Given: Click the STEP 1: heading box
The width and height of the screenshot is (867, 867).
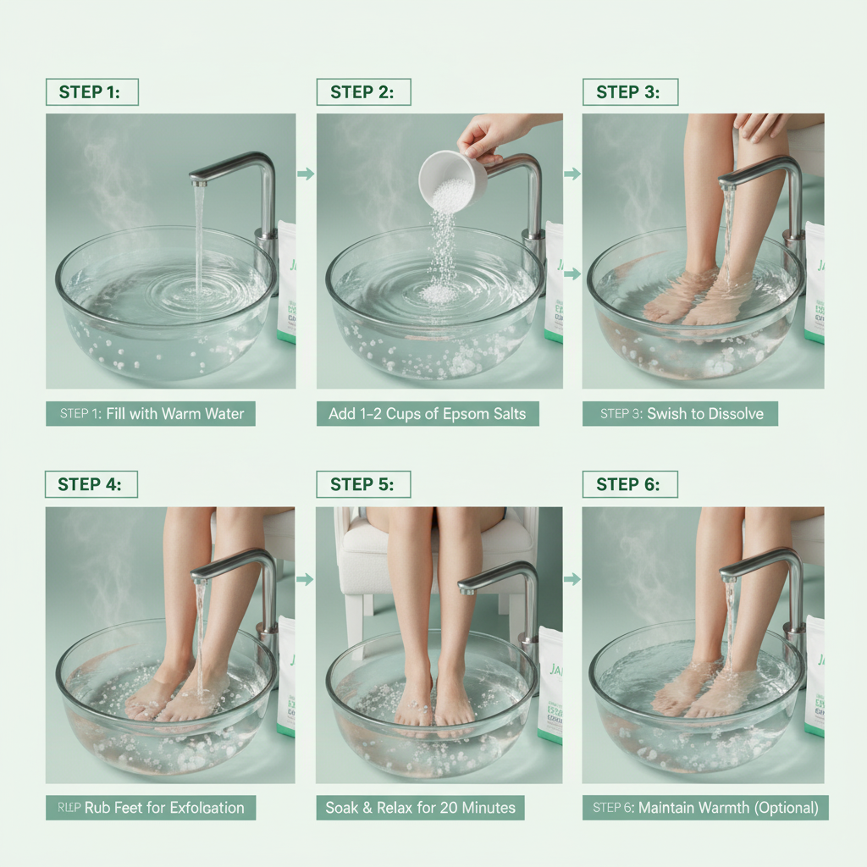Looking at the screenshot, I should pos(91,92).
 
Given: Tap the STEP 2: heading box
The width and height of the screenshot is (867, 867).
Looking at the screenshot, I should pos(362,92).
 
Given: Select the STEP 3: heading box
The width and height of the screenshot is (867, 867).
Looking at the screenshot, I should pos(630,92).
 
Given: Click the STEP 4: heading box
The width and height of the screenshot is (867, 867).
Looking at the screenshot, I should pos(91,484).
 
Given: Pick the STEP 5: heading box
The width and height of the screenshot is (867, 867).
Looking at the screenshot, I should pos(362,484).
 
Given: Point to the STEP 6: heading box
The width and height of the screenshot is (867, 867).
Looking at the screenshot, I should pos(630,484).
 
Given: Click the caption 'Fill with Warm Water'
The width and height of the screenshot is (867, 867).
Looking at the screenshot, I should pos(151,414).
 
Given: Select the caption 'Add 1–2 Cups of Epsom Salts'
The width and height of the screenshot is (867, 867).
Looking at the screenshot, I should pos(427,414).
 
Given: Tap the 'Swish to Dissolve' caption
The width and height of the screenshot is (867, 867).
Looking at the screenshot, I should pos(680,414).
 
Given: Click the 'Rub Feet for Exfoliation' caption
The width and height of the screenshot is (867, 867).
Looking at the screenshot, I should pos(151,807).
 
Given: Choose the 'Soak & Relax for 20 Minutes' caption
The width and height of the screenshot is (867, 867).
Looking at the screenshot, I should pos(420,807).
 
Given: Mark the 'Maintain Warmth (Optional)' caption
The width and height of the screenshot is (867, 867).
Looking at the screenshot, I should pos(705,807).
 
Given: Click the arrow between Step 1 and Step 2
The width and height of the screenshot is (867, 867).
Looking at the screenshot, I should pos(306,174).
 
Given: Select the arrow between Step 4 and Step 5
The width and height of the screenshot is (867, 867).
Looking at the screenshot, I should pos(306,579).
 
